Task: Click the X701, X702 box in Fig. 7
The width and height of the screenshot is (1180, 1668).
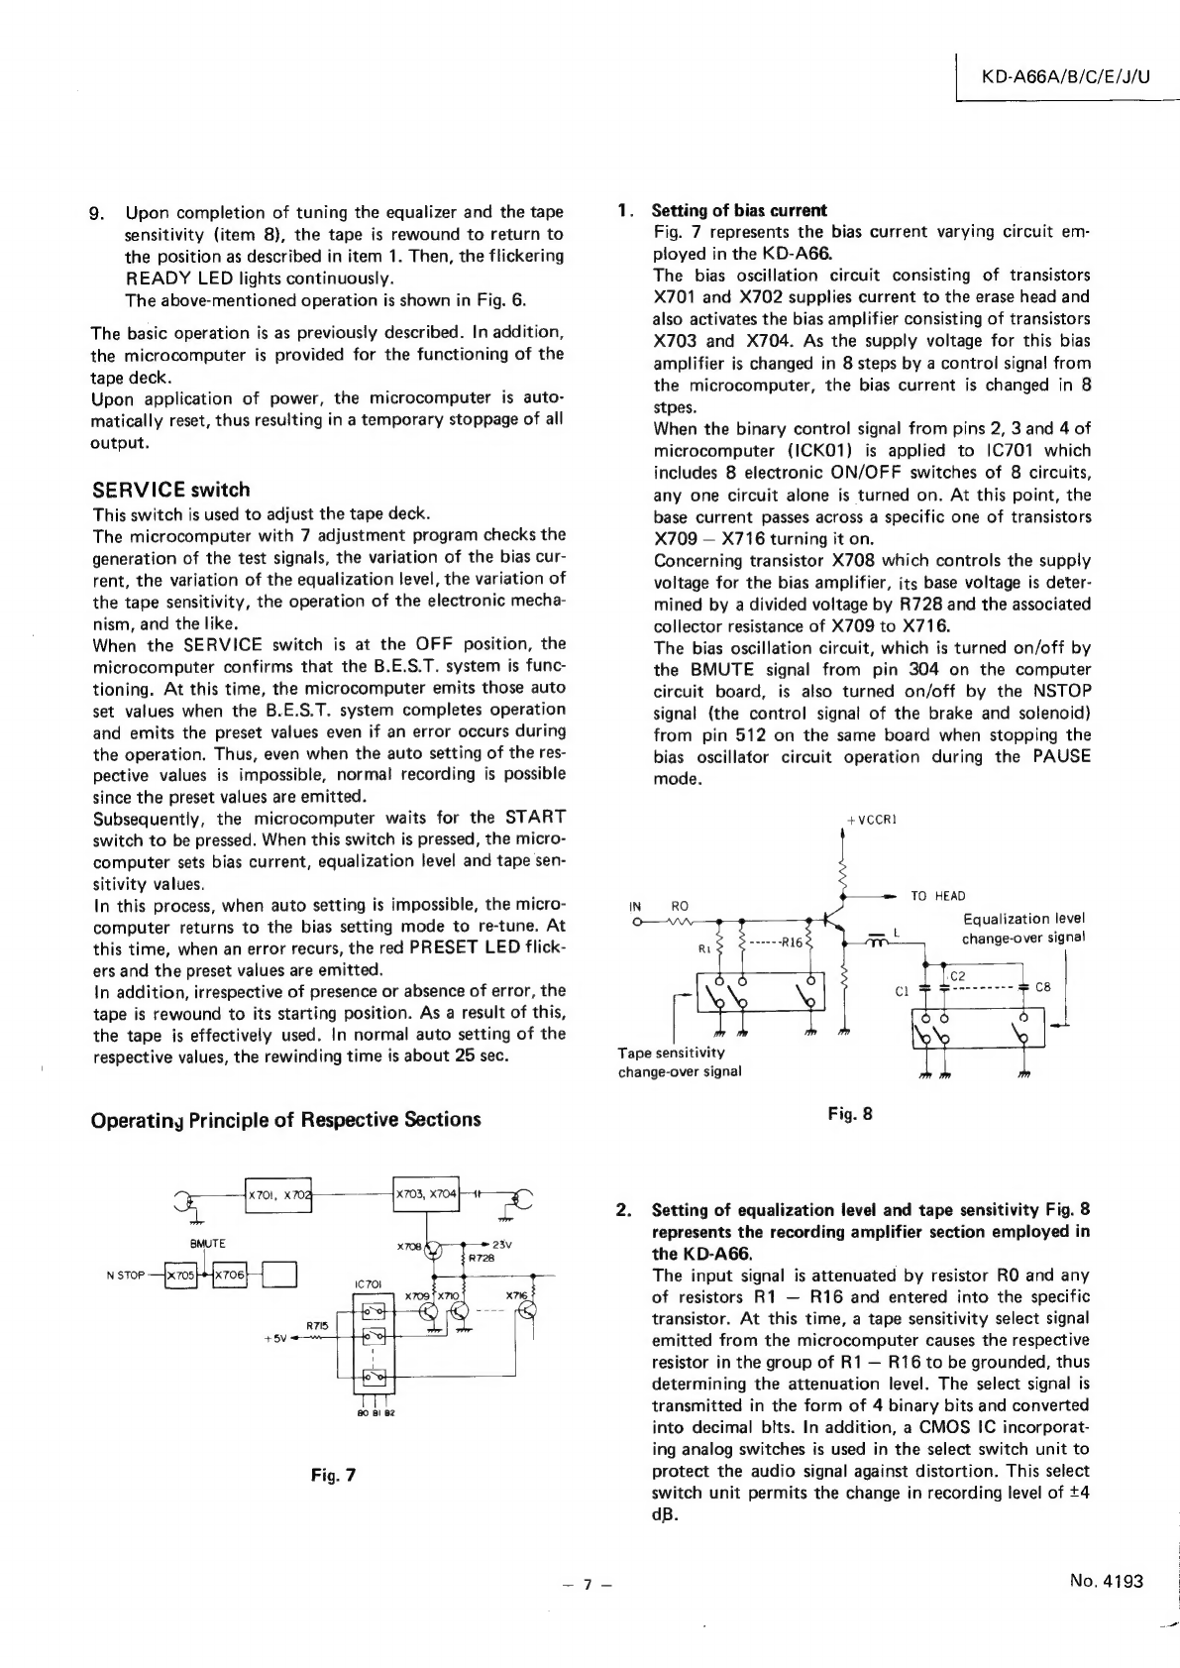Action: coord(277,1195)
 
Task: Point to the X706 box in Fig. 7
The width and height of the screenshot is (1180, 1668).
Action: coord(228,1274)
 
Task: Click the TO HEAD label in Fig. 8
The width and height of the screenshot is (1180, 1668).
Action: coord(937,896)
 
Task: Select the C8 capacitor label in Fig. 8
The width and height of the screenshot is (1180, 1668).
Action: coord(1042,987)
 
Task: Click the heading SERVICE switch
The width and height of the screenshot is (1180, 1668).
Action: coord(170,490)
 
